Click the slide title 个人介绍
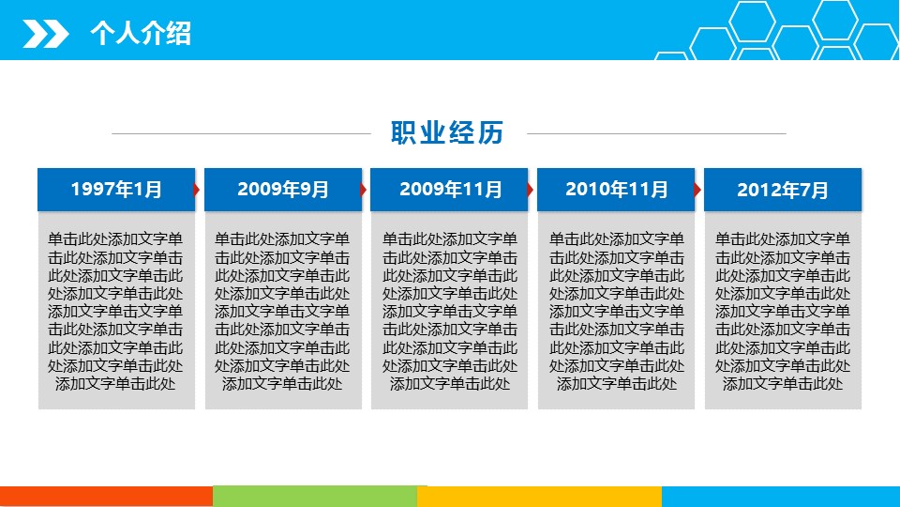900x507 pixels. coord(141,33)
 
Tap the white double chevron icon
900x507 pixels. coord(45,34)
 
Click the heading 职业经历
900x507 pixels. coord(447,132)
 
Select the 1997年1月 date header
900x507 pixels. coord(116,190)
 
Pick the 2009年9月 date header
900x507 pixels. coord(283,190)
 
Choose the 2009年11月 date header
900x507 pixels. coord(449,190)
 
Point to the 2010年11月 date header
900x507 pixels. coord(616,190)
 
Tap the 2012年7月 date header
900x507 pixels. coord(783,190)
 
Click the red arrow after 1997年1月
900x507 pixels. coord(197,190)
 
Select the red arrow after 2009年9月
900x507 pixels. coord(364,190)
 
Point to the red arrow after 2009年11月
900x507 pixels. coord(530,190)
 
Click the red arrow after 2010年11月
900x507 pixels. coord(697,190)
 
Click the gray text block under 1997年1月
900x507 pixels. coord(116,311)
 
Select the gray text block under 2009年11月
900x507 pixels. coord(449,311)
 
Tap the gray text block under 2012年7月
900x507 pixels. coord(783,311)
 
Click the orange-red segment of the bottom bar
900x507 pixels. coord(106,497)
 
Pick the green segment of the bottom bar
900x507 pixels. coord(315,497)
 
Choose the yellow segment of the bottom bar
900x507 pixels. coord(540,497)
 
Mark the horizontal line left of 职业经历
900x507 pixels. coord(242,133)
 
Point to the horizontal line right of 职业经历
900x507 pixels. coord(656,133)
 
